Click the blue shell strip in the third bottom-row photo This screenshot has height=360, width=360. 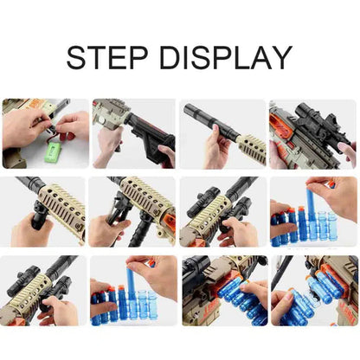tap(239, 299)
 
